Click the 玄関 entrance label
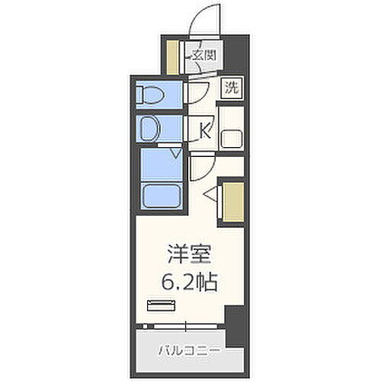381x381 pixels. [x=202, y=55]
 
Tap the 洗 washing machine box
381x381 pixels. [x=230, y=87]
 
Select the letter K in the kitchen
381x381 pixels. [x=203, y=130]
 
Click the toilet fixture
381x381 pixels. [x=151, y=95]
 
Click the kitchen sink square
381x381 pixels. [x=230, y=139]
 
